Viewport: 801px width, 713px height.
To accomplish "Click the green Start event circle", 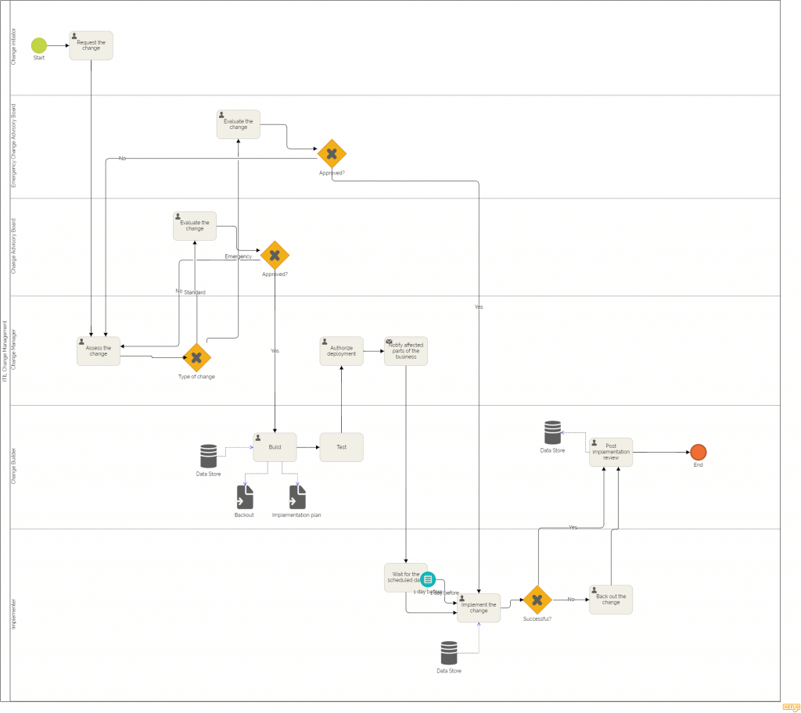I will click(x=39, y=45).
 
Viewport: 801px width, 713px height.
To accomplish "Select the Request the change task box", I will click(x=91, y=45).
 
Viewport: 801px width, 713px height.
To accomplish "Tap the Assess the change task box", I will click(x=99, y=351).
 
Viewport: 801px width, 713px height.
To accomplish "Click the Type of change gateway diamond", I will click(x=196, y=357).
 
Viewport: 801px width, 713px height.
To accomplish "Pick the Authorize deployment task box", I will click(x=342, y=351).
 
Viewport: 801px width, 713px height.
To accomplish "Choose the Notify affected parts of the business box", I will click(x=405, y=351).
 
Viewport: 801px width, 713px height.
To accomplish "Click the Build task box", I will click(x=275, y=447).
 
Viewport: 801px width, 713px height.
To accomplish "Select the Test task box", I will click(x=341, y=447).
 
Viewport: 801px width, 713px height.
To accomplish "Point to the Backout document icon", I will click(x=245, y=497).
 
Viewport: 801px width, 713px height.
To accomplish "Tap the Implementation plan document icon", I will click(x=297, y=497).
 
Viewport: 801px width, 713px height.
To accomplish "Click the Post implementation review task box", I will click(x=611, y=452).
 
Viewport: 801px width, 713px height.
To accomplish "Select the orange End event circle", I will click(x=698, y=452).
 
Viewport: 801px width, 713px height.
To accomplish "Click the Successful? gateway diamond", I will click(x=537, y=600).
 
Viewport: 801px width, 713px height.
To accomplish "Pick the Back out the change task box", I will click(x=611, y=600).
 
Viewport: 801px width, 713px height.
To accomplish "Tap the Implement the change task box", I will click(x=479, y=607).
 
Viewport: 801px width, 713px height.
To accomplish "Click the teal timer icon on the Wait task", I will click(x=428, y=579).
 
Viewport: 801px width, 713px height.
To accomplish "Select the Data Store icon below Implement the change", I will click(x=449, y=653).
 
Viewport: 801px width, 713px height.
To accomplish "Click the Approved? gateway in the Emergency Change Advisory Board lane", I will click(x=332, y=154).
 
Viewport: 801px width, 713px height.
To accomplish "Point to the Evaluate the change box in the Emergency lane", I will click(x=238, y=124).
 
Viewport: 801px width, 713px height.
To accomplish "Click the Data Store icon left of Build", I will click(x=208, y=456).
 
